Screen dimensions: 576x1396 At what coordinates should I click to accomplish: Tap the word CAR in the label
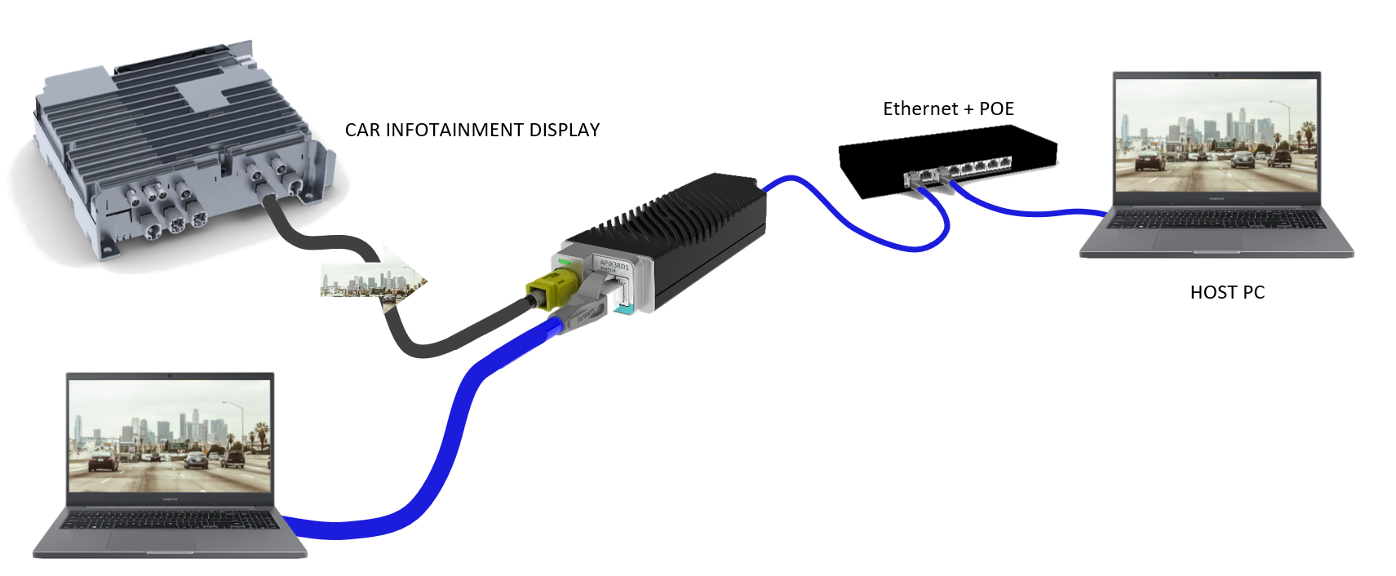pyautogui.click(x=362, y=131)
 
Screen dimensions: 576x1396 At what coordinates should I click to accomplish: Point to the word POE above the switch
pyautogui.click(x=996, y=109)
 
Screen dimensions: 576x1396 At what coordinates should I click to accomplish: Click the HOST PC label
pyautogui.click(x=1227, y=293)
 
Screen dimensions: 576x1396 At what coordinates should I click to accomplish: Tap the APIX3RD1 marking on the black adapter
pyautogui.click(x=614, y=265)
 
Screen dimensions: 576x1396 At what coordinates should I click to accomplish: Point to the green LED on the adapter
pyautogui.click(x=564, y=262)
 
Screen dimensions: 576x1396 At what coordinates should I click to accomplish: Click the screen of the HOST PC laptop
pyautogui.click(x=1216, y=135)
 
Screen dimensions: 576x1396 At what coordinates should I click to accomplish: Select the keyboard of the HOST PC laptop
pyautogui.click(x=1216, y=219)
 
